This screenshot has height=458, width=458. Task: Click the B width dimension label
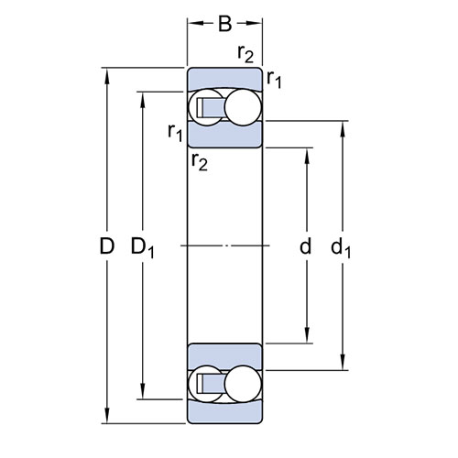225,24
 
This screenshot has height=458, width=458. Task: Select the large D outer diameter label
107,246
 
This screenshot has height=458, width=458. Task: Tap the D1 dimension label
143,248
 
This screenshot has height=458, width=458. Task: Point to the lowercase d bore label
306,245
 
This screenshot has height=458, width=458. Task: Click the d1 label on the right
341,247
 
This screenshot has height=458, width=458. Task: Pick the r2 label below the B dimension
245,54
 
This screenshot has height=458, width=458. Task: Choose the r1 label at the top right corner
274,80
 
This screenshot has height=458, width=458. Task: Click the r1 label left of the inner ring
175,133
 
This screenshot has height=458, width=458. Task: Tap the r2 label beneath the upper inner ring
200,161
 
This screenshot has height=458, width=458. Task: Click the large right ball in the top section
243,107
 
